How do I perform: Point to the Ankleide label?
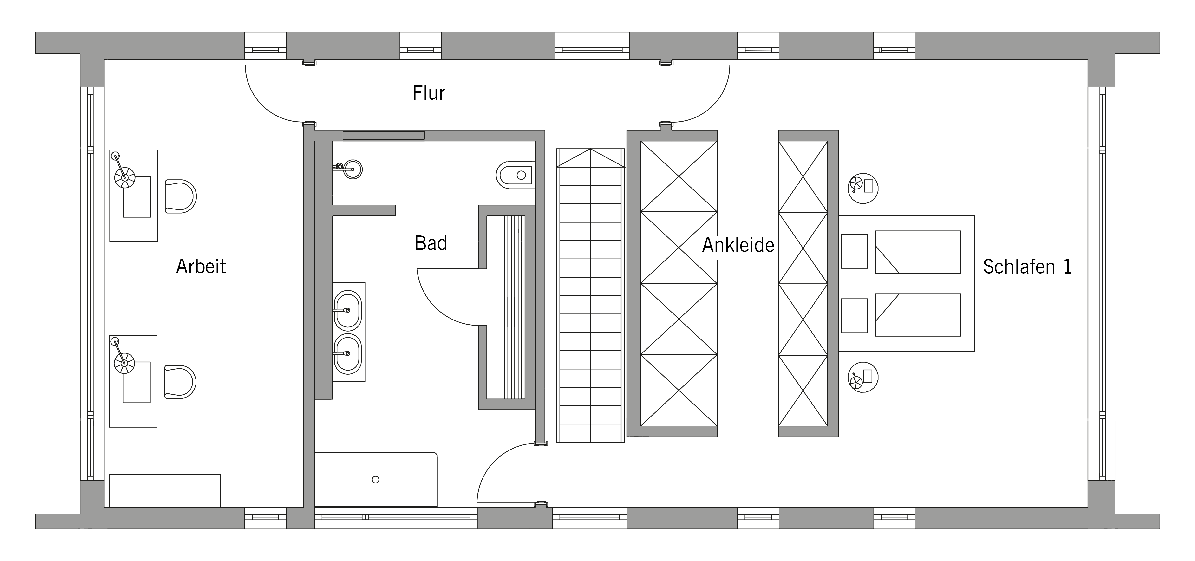coord(738,245)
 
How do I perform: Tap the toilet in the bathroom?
coord(515,175)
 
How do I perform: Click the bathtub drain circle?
coord(376,479)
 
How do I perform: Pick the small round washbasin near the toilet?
coord(353,169)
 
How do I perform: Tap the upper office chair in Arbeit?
coord(180,196)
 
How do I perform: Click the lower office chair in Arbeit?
coord(180,382)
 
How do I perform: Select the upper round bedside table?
coord(863,188)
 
